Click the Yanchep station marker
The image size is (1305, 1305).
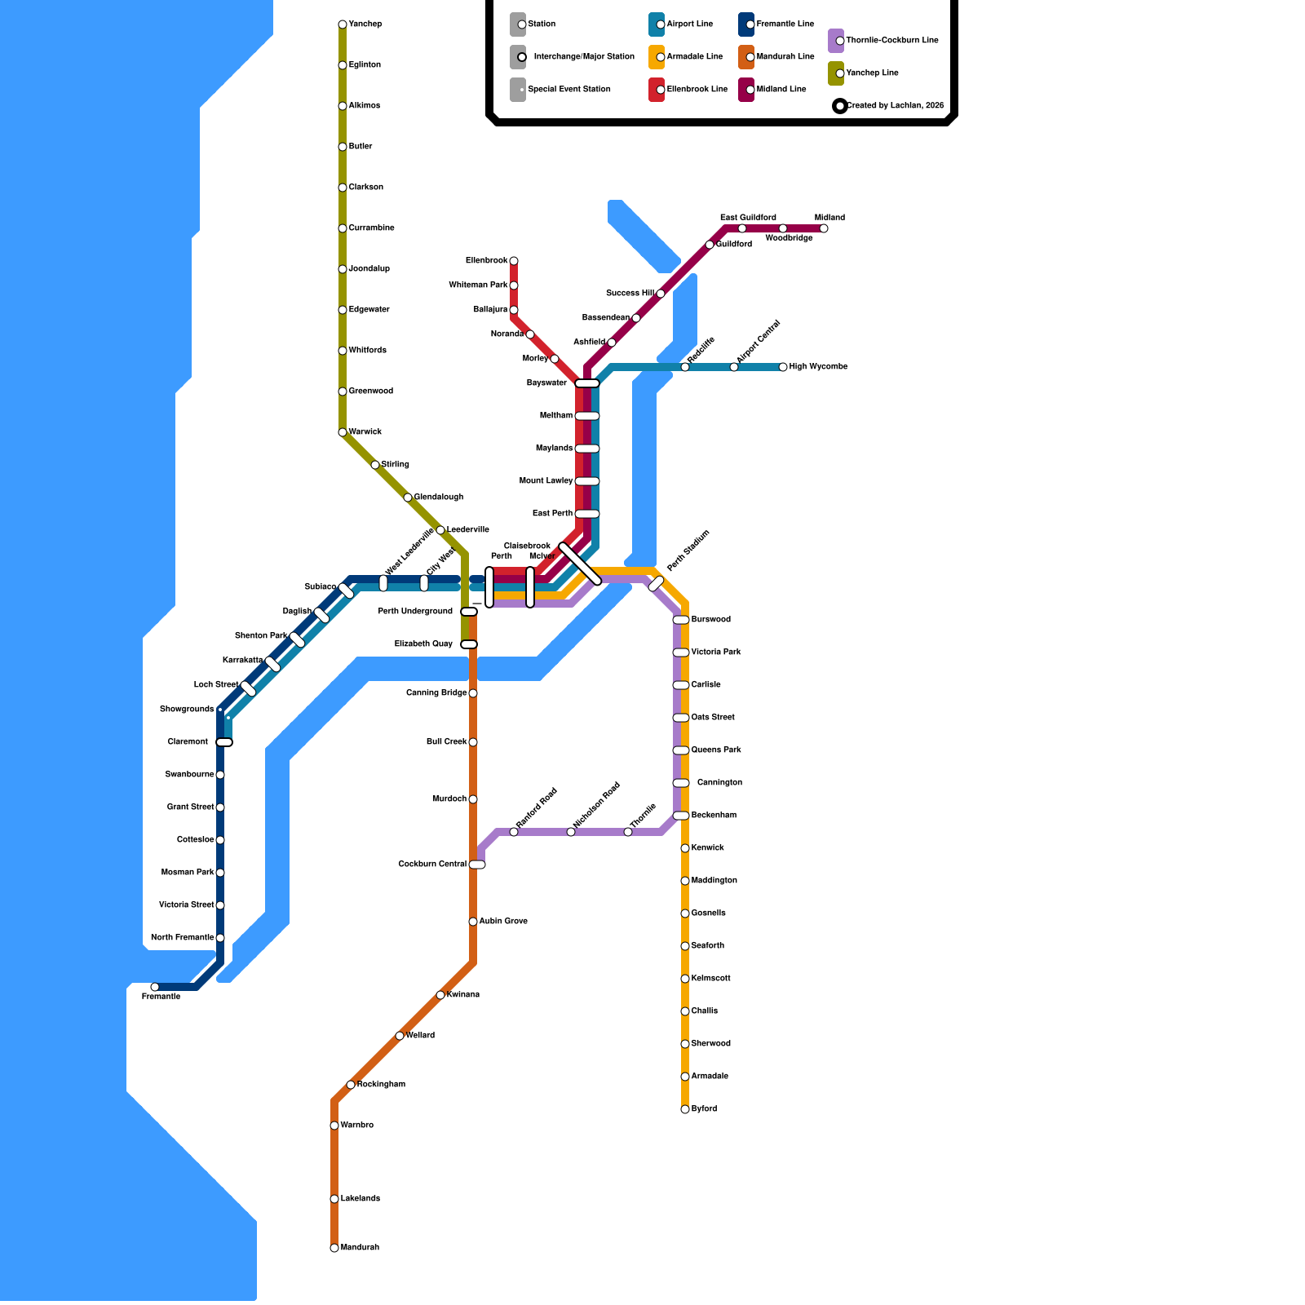[343, 24]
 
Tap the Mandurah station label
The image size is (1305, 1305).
[360, 1248]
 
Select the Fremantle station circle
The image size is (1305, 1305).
[155, 987]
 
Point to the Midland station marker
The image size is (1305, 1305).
[824, 228]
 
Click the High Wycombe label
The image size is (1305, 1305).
[818, 367]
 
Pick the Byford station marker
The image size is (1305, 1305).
[685, 1109]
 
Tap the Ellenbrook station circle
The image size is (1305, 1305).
[514, 261]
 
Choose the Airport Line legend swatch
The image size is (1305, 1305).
[657, 24]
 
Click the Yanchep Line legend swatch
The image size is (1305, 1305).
[836, 73]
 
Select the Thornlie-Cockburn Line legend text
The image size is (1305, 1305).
[892, 41]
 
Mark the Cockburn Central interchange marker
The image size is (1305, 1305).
[477, 865]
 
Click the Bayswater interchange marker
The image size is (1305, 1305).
[587, 383]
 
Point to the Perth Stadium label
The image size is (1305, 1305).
[688, 551]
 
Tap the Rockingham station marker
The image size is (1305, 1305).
[351, 1085]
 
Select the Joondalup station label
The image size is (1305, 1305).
[369, 269]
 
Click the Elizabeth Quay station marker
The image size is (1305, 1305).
[469, 644]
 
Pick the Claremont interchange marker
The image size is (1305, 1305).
[224, 742]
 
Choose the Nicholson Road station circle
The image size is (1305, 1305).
[571, 832]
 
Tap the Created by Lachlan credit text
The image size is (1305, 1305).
[895, 106]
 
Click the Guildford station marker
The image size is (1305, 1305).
[710, 245]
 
